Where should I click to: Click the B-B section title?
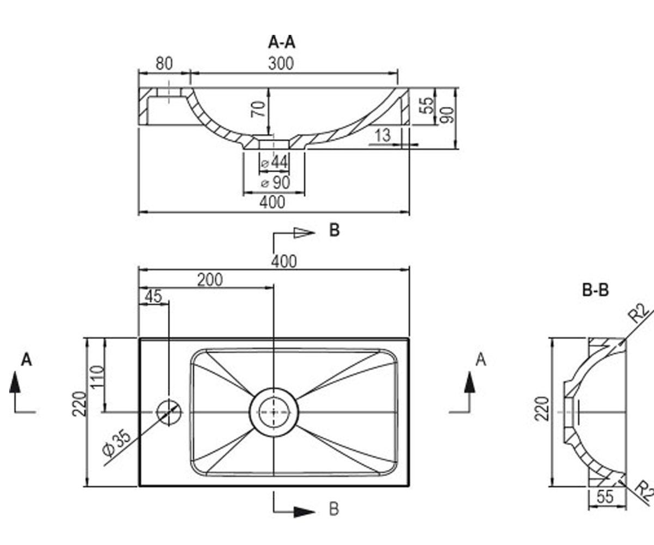coord(596,290)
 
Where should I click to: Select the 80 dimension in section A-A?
coord(164,63)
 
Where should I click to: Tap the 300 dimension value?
coord(281,63)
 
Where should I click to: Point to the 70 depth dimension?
coord(258,108)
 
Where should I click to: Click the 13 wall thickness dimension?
coord(383,136)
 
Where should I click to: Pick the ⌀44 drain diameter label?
coord(275,162)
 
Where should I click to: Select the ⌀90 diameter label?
coord(276,183)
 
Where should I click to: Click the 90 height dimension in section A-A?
coord(447,115)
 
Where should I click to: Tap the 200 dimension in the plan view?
coord(210,280)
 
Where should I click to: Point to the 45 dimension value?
coord(154,296)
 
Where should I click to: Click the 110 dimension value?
coord(97,377)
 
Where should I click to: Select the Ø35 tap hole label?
coord(117,443)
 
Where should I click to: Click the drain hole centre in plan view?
coord(274,412)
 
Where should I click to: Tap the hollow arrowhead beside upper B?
coord(304,232)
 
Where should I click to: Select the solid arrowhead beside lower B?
coord(304,512)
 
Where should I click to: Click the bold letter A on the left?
coord(27,360)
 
